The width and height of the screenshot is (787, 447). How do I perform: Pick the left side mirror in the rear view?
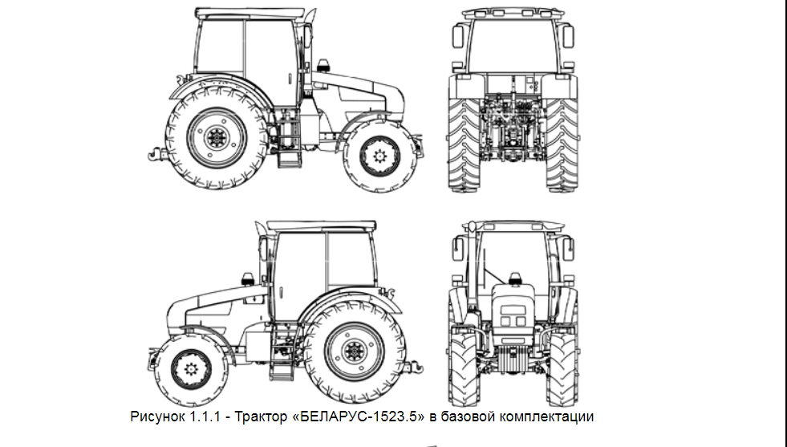457,37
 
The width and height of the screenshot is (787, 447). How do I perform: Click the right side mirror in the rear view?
568,37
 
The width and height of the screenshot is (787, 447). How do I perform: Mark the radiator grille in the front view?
512,358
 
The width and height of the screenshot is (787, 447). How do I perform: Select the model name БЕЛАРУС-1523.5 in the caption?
359,417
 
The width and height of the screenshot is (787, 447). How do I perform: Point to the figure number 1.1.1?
205,417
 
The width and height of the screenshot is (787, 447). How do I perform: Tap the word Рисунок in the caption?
157,417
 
